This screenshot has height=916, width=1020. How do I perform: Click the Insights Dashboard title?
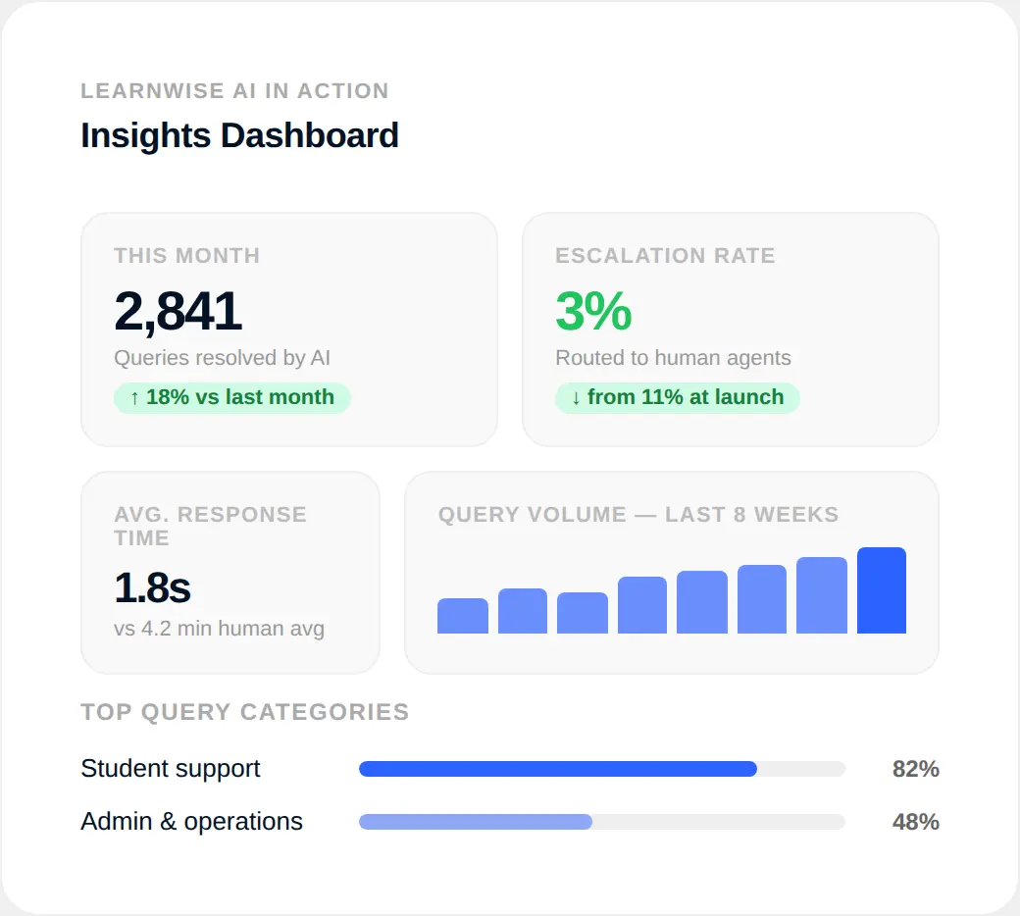click(x=239, y=135)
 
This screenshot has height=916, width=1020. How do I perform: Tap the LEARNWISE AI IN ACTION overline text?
click(x=234, y=91)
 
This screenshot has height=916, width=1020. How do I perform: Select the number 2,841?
click(x=178, y=312)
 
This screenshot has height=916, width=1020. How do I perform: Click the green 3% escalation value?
click(x=593, y=312)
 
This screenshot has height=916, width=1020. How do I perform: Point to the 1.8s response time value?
click(x=152, y=587)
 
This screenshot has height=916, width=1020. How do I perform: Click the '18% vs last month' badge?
click(x=232, y=397)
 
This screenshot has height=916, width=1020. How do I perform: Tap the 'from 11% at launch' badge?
click(x=677, y=397)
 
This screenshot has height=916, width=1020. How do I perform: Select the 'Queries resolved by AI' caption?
click(x=222, y=358)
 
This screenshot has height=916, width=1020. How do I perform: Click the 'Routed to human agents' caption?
click(x=673, y=358)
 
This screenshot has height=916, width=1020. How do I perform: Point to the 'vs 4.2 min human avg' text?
click(x=219, y=629)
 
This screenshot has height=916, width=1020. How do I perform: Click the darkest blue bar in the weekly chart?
click(x=881, y=590)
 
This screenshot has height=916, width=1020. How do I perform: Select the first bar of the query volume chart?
click(x=462, y=616)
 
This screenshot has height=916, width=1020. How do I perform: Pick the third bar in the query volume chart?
click(x=583, y=613)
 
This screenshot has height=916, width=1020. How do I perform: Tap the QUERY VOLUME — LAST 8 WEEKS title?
click(x=638, y=515)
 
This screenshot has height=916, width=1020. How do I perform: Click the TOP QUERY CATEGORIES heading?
click(x=244, y=712)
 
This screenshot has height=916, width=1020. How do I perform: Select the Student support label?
click(x=171, y=769)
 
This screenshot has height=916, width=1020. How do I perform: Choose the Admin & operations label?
click(x=191, y=822)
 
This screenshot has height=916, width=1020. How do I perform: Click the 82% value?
click(x=915, y=769)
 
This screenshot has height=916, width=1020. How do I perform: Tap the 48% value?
click(x=915, y=822)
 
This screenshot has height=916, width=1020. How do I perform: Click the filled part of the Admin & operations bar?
click(x=476, y=822)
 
